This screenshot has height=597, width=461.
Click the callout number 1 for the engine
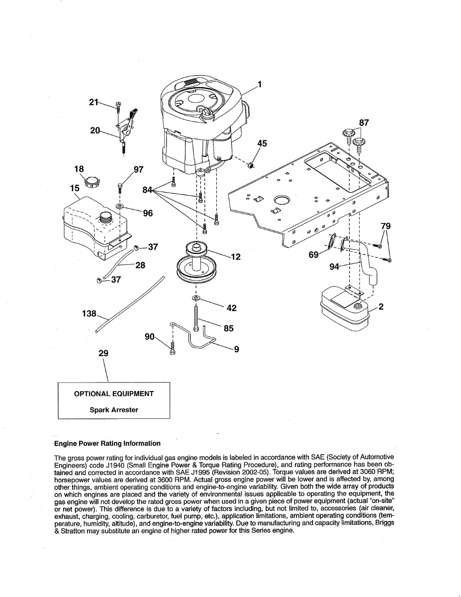click(259, 84)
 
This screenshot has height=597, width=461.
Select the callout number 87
click(364, 123)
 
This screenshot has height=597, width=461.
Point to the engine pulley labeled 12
click(197, 261)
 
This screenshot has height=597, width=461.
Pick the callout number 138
click(89, 314)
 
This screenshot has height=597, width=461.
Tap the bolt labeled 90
click(172, 347)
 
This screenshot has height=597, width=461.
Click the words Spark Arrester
click(114, 410)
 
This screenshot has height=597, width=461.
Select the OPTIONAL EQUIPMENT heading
click(114, 394)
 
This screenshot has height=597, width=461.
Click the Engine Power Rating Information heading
click(107, 443)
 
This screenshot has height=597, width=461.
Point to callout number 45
click(262, 144)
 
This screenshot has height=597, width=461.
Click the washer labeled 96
click(120, 205)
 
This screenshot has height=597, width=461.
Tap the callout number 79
click(385, 226)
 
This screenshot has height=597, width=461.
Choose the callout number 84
click(147, 190)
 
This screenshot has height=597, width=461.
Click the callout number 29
click(103, 353)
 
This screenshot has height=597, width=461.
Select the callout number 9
click(237, 349)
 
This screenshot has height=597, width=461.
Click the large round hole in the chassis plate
click(282, 200)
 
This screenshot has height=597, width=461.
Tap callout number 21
click(93, 102)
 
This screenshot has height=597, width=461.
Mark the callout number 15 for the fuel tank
click(75, 189)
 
